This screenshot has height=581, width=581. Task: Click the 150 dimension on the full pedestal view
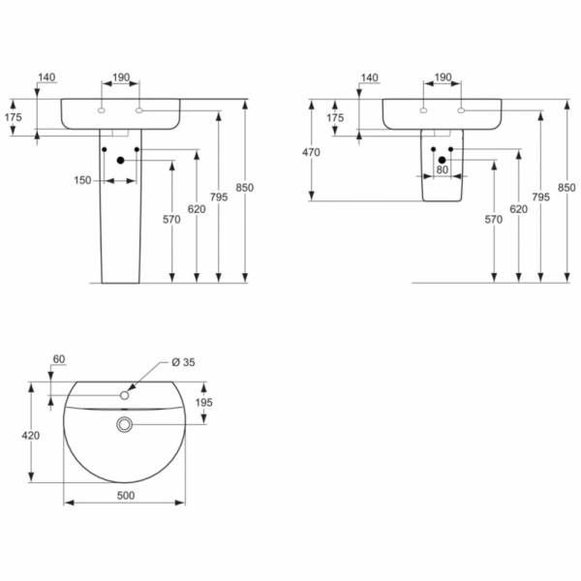(x=83, y=179)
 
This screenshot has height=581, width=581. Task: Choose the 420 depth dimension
(x=33, y=436)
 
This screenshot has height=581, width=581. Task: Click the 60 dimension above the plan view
(x=58, y=359)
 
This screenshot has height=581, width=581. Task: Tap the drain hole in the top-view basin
(x=124, y=424)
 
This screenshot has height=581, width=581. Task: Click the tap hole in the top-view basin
(x=124, y=395)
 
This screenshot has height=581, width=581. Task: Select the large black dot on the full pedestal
(x=120, y=161)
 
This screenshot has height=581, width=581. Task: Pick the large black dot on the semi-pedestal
(x=443, y=161)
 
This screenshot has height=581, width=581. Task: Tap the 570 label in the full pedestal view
(x=171, y=220)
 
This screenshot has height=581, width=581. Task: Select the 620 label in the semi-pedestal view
(x=518, y=209)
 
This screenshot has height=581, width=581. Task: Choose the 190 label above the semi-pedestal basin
(x=443, y=77)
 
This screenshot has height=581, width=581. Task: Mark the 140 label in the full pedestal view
(x=46, y=77)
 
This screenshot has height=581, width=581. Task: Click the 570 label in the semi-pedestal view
(x=494, y=220)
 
